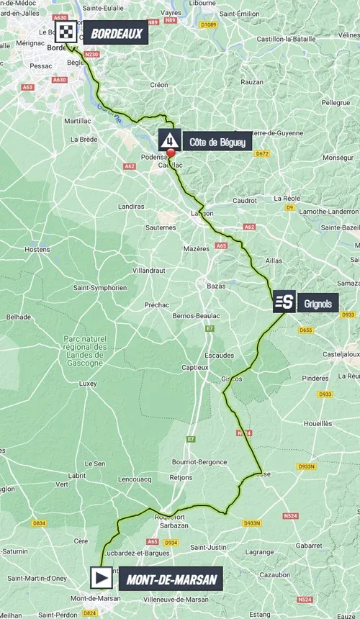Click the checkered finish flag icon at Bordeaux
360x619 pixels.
(x=66, y=32)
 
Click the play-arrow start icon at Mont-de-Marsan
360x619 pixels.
(x=102, y=577)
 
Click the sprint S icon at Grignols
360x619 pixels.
(x=283, y=302)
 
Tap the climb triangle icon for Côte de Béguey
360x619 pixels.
(x=169, y=140)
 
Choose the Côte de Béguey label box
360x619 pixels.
(x=217, y=141)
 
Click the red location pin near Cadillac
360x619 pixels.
(x=171, y=153)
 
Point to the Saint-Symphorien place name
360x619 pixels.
(x=99, y=288)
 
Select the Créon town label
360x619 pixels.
(x=159, y=85)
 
